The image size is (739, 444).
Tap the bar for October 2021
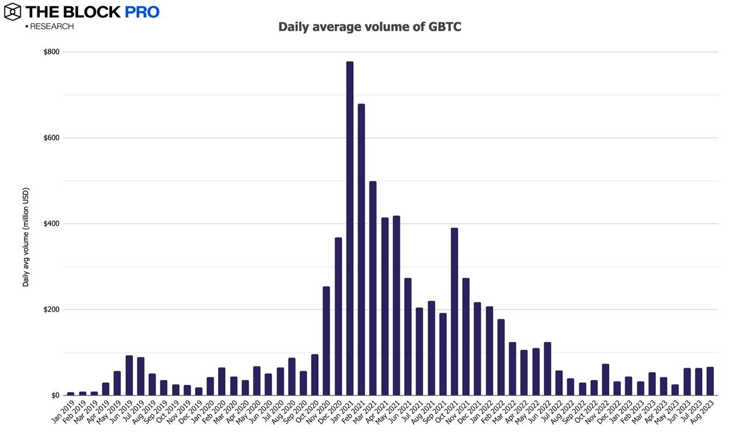click(x=454, y=312)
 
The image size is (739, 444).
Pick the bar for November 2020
click(x=326, y=341)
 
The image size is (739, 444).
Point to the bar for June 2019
click(x=129, y=375)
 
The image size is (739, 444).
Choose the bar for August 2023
click(x=710, y=381)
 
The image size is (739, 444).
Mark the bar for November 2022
click(x=606, y=380)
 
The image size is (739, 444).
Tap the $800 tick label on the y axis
click(x=51, y=52)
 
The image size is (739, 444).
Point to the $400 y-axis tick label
click(x=51, y=223)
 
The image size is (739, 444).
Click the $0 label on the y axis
click(x=55, y=396)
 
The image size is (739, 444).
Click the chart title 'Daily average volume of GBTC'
click(x=369, y=27)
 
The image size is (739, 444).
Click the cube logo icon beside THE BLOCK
click(x=12, y=12)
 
